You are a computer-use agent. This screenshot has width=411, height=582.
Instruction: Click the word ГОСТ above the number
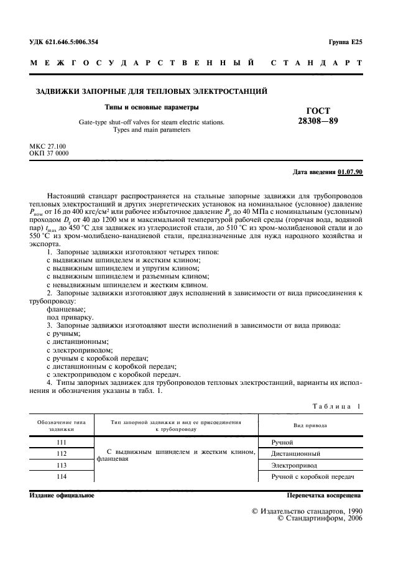click(318, 110)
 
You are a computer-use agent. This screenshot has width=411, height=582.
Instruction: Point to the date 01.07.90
click(351, 171)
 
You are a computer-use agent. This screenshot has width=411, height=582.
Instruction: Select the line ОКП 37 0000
click(49, 153)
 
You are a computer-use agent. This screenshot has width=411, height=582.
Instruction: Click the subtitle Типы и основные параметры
click(152, 107)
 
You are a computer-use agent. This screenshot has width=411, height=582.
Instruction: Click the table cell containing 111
click(61, 442)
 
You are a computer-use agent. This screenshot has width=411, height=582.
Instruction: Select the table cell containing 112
click(61, 453)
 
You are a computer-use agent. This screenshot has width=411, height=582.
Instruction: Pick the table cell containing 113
click(61, 464)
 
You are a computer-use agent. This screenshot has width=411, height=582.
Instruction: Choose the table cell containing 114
click(61, 476)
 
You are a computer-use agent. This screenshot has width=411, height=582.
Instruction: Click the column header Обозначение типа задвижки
click(61, 425)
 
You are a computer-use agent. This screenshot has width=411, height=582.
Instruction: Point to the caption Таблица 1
click(336, 406)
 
